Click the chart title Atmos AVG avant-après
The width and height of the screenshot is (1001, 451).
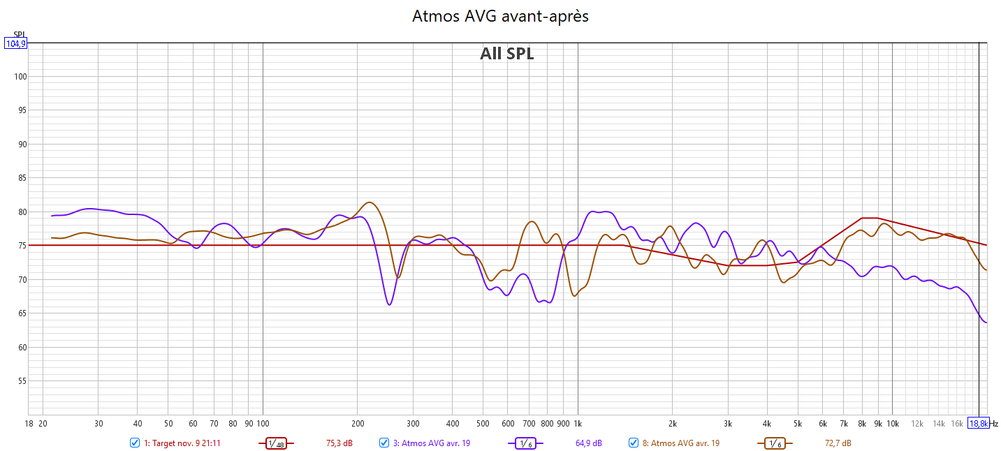(500, 16)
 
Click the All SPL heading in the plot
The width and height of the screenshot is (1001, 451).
(506, 54)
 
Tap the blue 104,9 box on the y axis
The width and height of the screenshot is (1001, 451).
(15, 43)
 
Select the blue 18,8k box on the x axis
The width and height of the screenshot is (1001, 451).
(978, 423)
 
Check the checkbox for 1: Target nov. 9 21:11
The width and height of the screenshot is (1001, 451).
(135, 443)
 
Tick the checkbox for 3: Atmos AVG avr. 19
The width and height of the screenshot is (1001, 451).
(384, 443)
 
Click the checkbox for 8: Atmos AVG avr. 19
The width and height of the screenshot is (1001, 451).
(634, 443)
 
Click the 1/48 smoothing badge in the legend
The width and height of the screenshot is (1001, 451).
(276, 443)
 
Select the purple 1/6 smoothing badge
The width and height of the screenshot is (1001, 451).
(525, 443)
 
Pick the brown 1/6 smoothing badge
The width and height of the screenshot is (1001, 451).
(775, 443)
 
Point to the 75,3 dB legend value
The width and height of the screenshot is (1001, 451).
(339, 443)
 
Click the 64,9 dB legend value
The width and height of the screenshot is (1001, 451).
(588, 443)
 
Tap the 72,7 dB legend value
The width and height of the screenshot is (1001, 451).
(838, 443)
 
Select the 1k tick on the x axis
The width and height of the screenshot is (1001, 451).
(578, 423)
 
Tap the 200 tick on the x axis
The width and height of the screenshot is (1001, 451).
(357, 423)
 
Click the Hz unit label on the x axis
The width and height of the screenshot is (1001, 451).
(994, 423)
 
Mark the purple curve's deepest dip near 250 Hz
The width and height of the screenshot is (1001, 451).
(389, 304)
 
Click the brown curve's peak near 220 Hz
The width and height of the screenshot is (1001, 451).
(370, 202)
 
